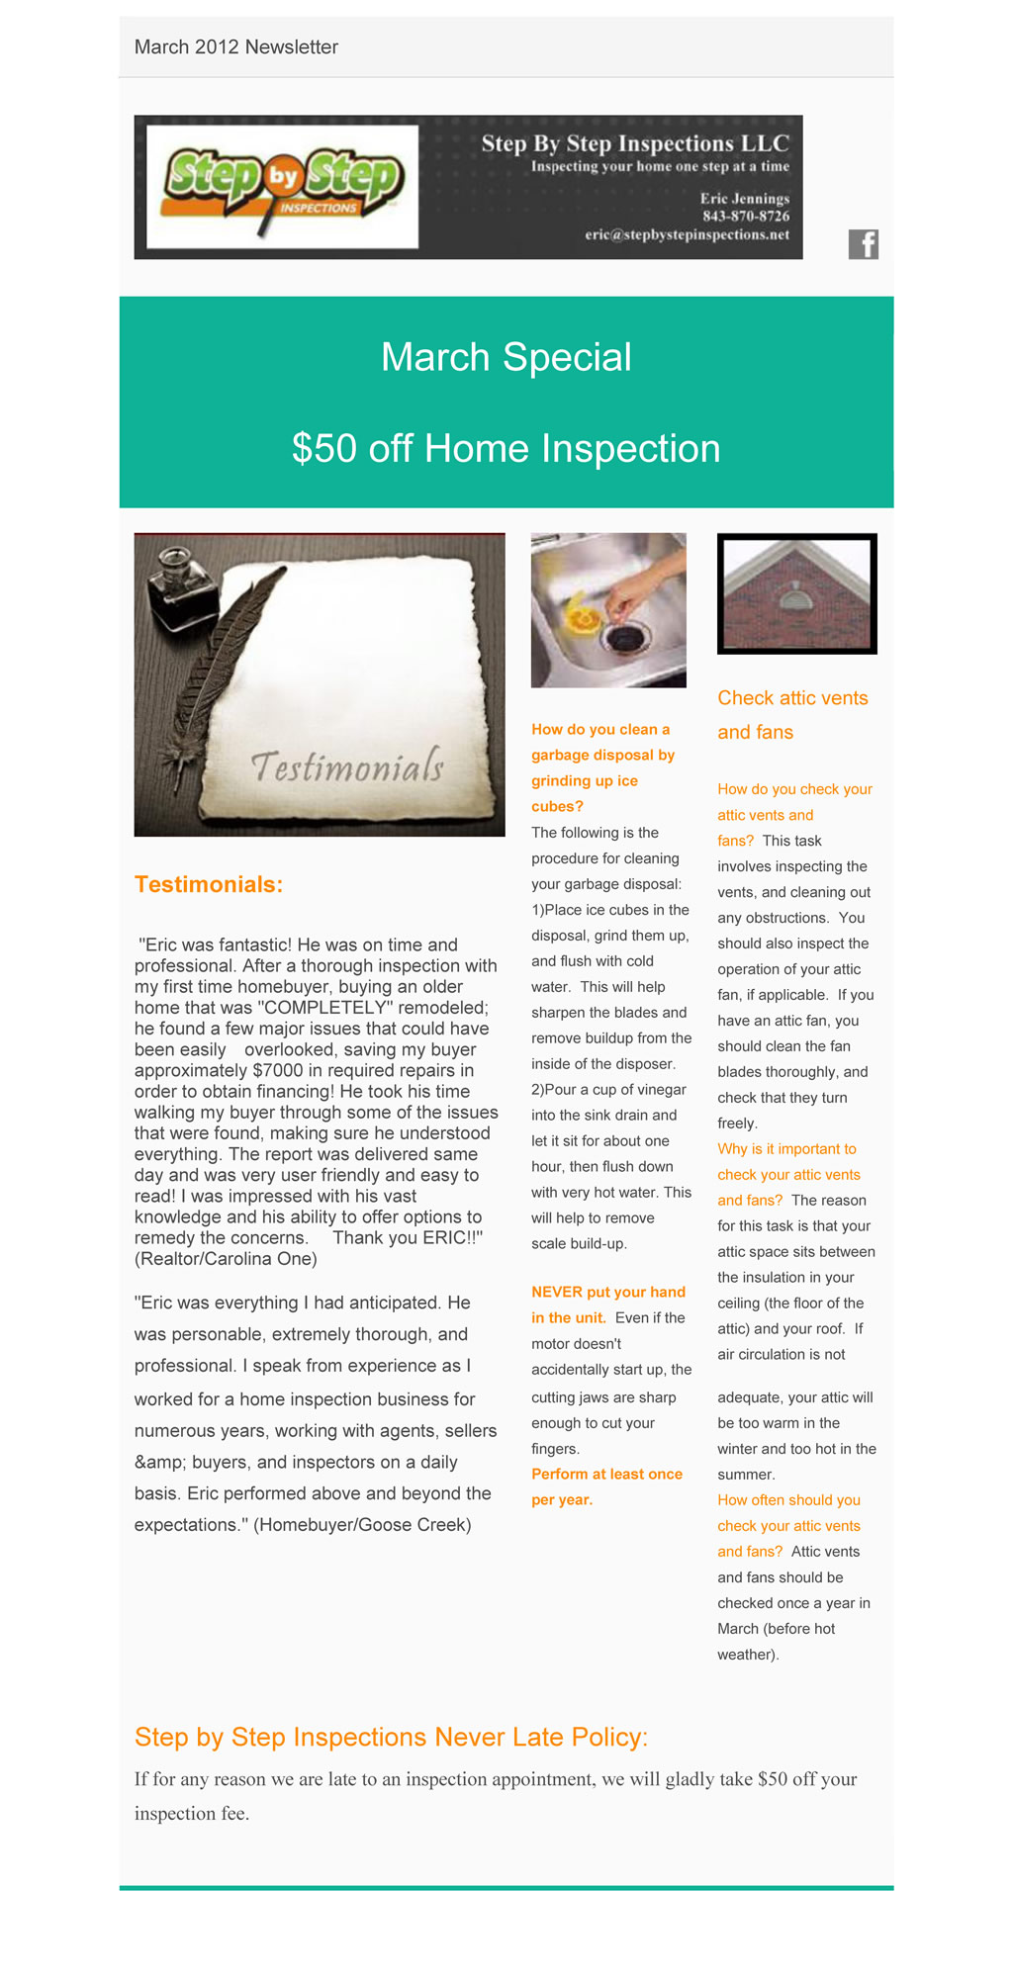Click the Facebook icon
[863, 244]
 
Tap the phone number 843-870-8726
[745, 217]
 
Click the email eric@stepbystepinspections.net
[687, 235]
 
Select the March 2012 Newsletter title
[236, 47]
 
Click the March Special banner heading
[506, 358]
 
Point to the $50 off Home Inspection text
[506, 449]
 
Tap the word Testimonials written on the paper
[346, 766]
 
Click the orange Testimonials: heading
[209, 884]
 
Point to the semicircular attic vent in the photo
[795, 599]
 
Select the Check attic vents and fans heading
[792, 715]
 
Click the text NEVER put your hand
[608, 1292]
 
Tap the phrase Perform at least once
[606, 1474]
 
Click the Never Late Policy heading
[391, 1737]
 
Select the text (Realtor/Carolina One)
[226, 1259]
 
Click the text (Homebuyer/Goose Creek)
[362, 1525]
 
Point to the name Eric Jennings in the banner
[744, 199]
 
